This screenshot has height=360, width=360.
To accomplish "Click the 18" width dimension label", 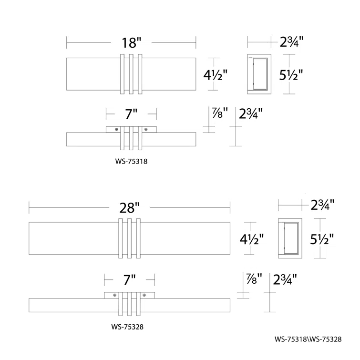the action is [131, 43].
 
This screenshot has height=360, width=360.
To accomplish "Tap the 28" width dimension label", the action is [129, 208].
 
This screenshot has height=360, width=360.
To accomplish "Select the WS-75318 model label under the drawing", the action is [131, 161].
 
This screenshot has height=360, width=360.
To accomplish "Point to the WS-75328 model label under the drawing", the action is [127, 327].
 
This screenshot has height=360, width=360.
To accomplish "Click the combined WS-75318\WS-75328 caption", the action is [308, 339].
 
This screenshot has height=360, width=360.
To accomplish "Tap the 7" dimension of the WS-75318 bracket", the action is [131, 114].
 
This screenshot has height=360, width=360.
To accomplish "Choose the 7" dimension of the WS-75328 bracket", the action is [130, 279].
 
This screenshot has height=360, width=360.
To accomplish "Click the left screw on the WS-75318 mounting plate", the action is [117, 130].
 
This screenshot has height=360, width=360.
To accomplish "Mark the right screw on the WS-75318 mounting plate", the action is [146, 130].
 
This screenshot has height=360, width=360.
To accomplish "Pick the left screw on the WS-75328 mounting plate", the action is [115, 295].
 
